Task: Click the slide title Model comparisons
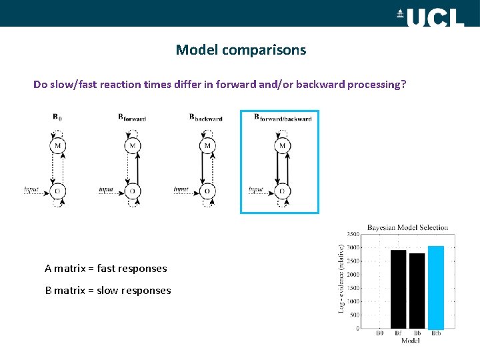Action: (x=241, y=50)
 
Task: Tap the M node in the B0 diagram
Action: (x=58, y=145)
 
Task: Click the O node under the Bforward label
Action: (x=133, y=191)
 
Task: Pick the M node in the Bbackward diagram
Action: (x=207, y=145)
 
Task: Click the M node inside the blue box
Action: (x=282, y=145)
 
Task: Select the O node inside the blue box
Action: (x=282, y=191)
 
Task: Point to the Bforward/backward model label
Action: (x=283, y=118)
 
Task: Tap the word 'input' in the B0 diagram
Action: (x=31, y=190)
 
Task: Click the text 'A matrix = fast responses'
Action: (x=105, y=269)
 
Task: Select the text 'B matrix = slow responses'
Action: (x=107, y=291)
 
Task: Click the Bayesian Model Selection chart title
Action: (x=408, y=227)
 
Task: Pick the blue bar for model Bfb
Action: (x=435, y=287)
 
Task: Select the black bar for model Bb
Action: (x=417, y=291)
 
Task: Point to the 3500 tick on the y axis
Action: (x=353, y=234)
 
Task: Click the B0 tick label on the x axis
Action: (x=379, y=333)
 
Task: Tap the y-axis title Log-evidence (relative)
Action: (x=341, y=279)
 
